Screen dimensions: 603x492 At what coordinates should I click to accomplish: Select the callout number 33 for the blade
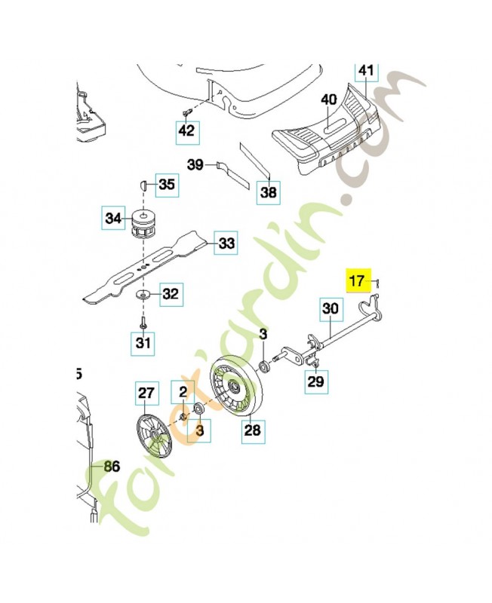coord(226,243)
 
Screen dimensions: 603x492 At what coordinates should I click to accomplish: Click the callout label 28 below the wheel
coord(252,430)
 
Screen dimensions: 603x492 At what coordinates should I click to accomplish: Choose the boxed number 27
coord(146,393)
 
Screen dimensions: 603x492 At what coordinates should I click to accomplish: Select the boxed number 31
coord(143,344)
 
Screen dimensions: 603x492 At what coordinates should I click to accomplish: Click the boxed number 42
coord(186,131)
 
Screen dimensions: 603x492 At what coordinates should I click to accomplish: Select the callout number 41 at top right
coord(365,71)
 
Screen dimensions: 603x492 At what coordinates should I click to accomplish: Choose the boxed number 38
coord(269,193)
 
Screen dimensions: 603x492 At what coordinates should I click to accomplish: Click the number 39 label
coord(195,164)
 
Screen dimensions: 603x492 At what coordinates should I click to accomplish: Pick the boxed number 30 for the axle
coord(331,308)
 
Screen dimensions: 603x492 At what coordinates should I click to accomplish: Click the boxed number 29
coord(316,381)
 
